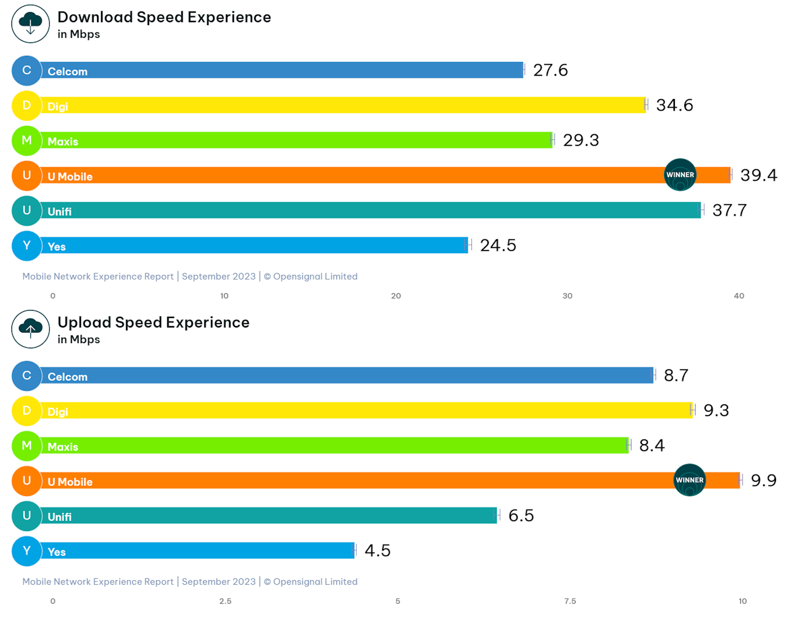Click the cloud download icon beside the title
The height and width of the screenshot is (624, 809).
30,24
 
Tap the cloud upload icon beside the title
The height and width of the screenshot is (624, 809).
30,329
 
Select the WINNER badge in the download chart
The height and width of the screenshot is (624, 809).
680,175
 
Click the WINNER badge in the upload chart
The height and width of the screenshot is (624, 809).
689,480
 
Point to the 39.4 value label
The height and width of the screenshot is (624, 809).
758,175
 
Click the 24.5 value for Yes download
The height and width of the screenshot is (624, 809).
498,245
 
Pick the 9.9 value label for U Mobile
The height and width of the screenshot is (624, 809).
764,480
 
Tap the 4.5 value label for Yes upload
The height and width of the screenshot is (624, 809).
378,551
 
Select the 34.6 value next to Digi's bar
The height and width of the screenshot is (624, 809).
674,105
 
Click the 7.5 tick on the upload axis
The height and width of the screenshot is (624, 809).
570,601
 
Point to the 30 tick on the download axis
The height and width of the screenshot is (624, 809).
568,296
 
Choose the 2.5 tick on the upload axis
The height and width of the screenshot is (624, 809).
225,601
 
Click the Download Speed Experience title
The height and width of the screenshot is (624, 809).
164,18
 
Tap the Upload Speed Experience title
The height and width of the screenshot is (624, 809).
153,323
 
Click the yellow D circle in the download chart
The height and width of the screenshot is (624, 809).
27,105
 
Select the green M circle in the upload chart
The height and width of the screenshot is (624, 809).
27,445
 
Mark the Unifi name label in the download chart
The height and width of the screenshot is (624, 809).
59,212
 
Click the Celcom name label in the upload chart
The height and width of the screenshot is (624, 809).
67,377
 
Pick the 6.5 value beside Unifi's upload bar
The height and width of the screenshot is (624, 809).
521,516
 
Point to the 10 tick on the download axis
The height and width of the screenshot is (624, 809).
224,296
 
